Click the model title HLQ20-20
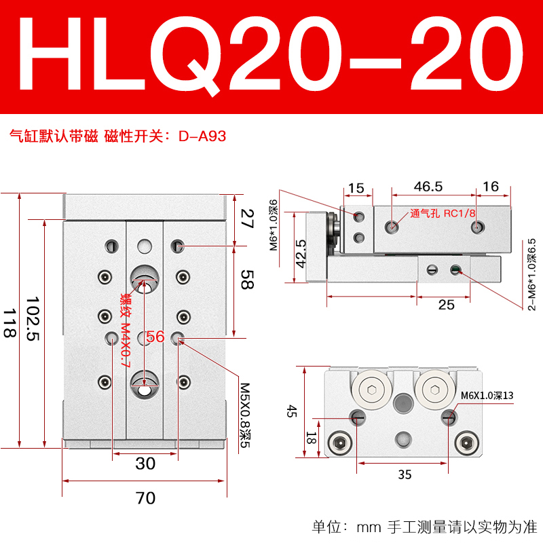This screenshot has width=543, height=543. pos(271,57)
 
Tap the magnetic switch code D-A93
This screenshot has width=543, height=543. pos(202,136)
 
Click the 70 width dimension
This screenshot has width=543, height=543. pos(145,498)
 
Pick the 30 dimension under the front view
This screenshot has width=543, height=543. pos(145,464)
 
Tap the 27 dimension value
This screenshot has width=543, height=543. pos(248,218)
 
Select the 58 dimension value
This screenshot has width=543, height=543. pos(248,280)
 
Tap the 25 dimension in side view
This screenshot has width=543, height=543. pos(446,305)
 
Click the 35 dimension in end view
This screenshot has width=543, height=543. pos(405,475)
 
